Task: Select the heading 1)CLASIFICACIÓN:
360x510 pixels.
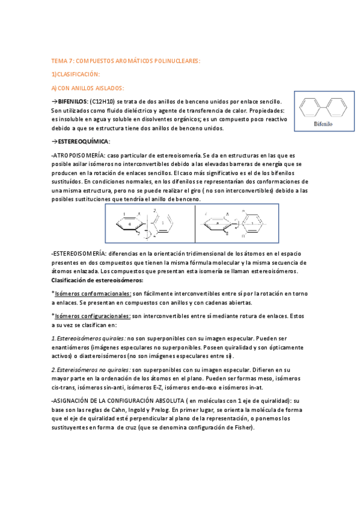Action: click(x=75, y=74)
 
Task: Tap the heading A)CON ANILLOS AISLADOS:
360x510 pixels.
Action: click(x=88, y=88)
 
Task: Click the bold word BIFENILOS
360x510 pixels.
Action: click(x=73, y=102)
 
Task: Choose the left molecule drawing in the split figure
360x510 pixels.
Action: click(x=150, y=225)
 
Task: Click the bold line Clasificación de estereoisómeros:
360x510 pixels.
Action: click(x=97, y=280)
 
